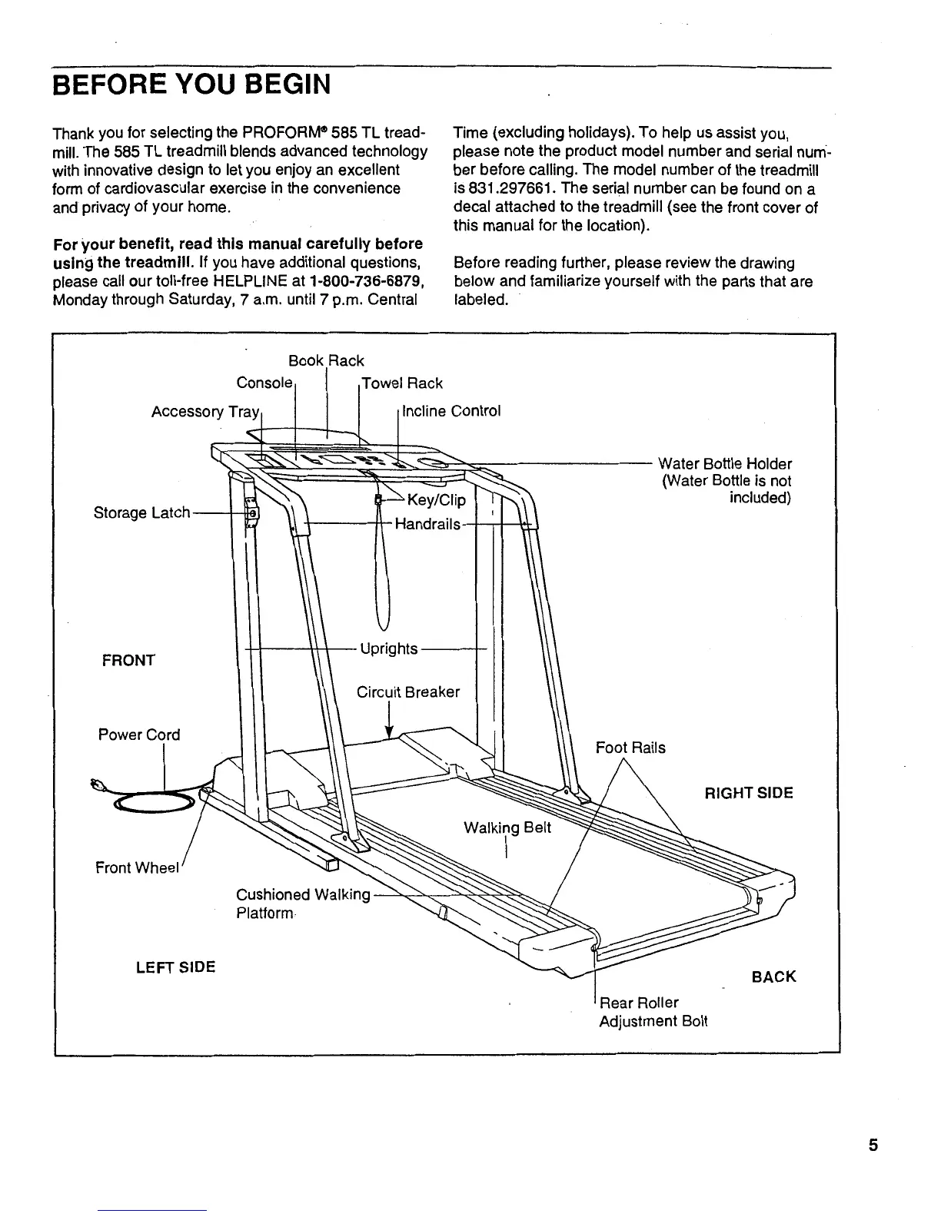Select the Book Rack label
pos(326,361)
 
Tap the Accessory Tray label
pos(206,412)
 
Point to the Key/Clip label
pos(436,501)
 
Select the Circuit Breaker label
pos(408,692)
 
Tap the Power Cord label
pos(139,735)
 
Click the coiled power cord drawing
pos(154,802)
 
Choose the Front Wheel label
pos(137,868)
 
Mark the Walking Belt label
pos(507,828)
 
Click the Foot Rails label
pos(630,748)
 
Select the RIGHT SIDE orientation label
pos(749,793)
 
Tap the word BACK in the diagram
pos(773,977)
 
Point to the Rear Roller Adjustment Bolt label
pos(653,1012)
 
